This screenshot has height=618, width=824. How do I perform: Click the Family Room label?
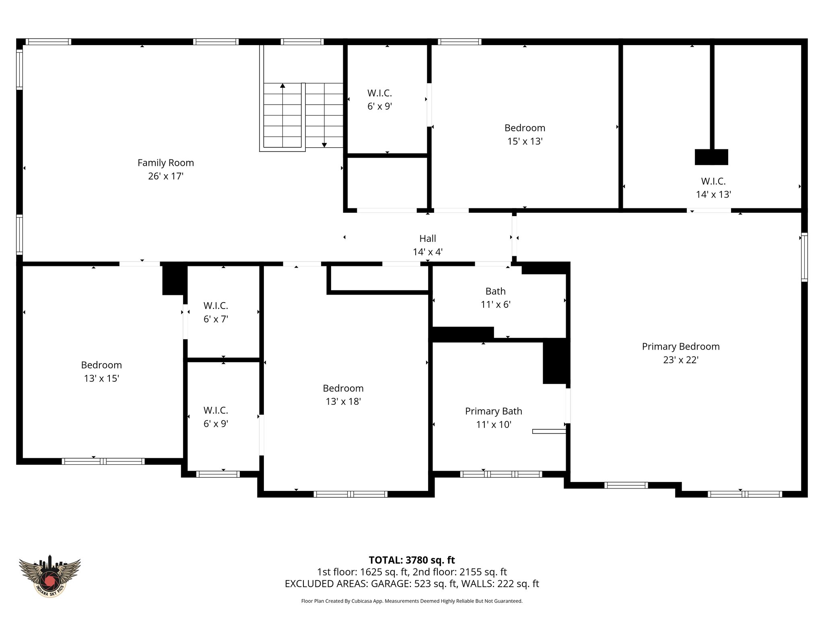point(165,163)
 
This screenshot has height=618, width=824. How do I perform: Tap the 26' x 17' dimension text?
point(165,176)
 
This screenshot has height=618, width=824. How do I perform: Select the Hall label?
point(427,239)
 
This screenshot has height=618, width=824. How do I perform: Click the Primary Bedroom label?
point(680,346)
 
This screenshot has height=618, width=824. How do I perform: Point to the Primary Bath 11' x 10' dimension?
point(493,424)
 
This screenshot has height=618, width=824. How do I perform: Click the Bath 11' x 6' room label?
point(495,291)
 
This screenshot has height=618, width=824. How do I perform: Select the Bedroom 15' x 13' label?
point(525,128)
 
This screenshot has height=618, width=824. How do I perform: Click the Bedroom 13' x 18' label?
point(343,388)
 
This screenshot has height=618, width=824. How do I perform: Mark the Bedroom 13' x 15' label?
point(101,365)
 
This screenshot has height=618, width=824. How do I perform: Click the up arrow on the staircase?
point(282,86)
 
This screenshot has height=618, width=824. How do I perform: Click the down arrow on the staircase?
point(324,145)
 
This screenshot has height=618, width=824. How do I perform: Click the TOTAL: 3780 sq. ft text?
point(412,560)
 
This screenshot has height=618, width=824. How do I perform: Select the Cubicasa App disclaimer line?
point(412,601)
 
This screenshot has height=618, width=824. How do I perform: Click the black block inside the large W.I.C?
point(711,157)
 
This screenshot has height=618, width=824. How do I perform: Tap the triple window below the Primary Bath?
point(501,474)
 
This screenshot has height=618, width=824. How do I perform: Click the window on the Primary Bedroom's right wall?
point(804,257)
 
